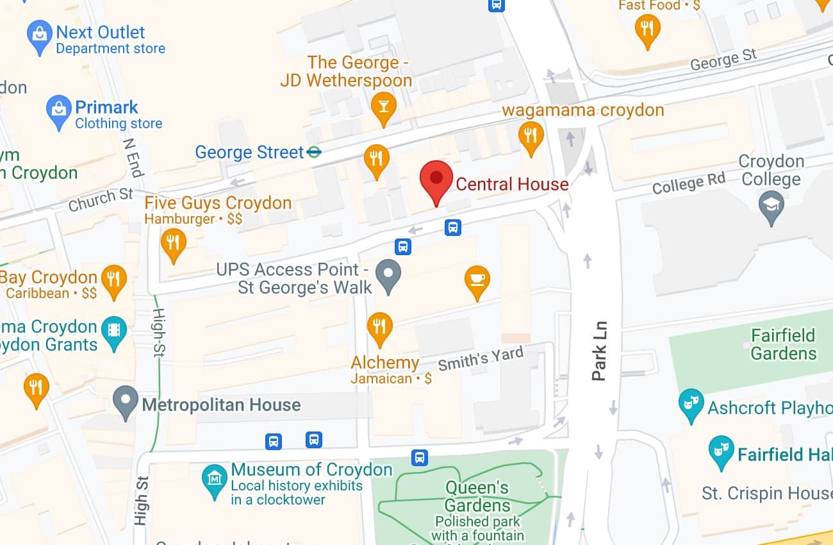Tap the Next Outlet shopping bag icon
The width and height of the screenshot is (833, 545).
tap(39, 37)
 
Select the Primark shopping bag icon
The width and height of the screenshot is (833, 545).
tap(59, 112)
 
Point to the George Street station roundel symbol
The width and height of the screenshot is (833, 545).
tap(314, 153)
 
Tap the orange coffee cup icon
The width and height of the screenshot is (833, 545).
tap(477, 281)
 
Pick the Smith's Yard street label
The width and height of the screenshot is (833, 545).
tap(481, 358)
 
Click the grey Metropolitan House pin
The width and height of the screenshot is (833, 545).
tap(125, 402)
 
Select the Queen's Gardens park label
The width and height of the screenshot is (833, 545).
tap(477, 496)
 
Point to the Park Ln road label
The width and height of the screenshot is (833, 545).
tap(599, 351)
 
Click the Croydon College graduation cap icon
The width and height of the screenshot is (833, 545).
tap(771, 206)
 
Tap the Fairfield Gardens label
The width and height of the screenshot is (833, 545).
tap(783, 344)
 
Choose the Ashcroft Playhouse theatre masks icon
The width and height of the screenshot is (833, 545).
tap(691, 405)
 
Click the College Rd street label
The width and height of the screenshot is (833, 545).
tap(689, 184)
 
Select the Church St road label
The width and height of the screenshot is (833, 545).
tap(101, 199)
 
